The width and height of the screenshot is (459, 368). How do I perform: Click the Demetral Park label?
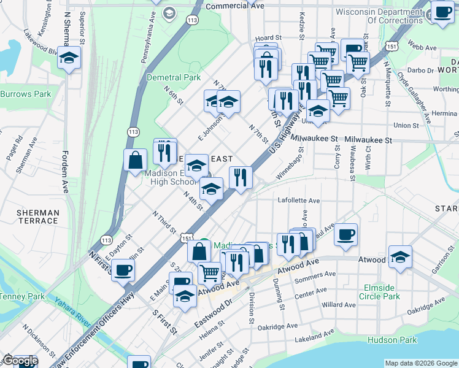(174, 78)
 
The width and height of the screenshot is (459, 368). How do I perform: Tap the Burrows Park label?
(25, 94)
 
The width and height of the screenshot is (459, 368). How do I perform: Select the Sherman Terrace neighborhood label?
(37, 217)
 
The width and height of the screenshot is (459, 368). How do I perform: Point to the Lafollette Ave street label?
(299, 201)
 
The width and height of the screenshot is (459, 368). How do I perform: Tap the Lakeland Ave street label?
(317, 338)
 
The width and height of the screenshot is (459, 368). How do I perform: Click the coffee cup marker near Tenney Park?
(123, 269)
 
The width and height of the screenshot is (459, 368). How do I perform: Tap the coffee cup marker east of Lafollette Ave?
(346, 234)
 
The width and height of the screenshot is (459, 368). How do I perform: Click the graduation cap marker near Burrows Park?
(69, 58)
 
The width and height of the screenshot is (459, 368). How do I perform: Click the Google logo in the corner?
(20, 361)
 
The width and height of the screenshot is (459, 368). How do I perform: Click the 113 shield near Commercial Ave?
(193, 20)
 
